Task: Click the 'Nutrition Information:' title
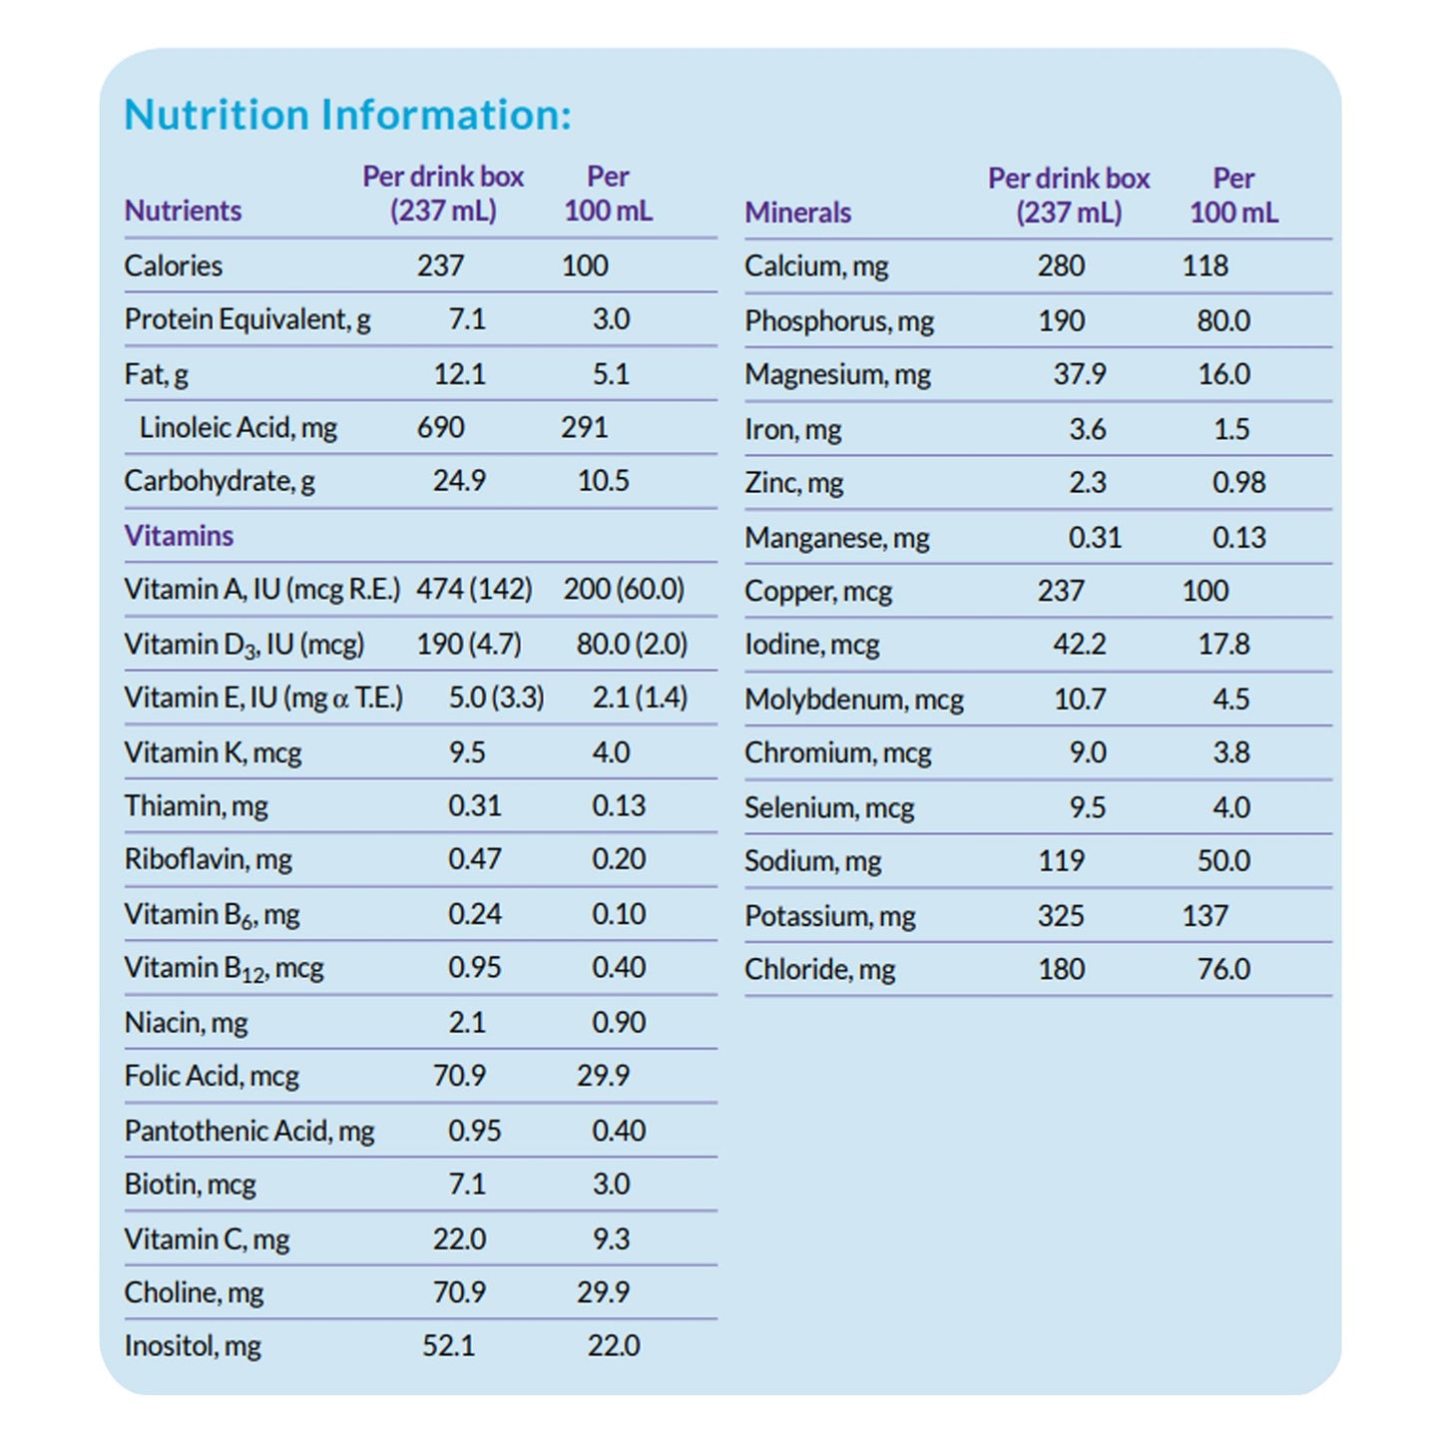(347, 115)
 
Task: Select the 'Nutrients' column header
(183, 211)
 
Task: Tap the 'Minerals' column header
(797, 213)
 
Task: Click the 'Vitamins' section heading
(179, 536)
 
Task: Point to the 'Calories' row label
(173, 265)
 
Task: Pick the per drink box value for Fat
(459, 374)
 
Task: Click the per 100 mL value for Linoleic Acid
(584, 427)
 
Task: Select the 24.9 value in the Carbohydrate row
(459, 481)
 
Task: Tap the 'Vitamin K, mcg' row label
(213, 752)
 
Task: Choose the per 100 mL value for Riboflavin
(619, 859)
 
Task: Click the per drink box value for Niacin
(467, 1022)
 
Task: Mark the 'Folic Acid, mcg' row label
(212, 1076)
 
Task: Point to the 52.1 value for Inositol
(448, 1345)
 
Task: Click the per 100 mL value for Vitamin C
(611, 1238)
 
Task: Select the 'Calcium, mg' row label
(816, 266)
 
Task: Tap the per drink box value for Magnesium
(1080, 374)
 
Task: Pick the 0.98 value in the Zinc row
(1238, 483)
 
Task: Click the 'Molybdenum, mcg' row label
(854, 700)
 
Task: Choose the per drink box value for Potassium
(1061, 915)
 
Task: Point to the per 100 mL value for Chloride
(1223, 969)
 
